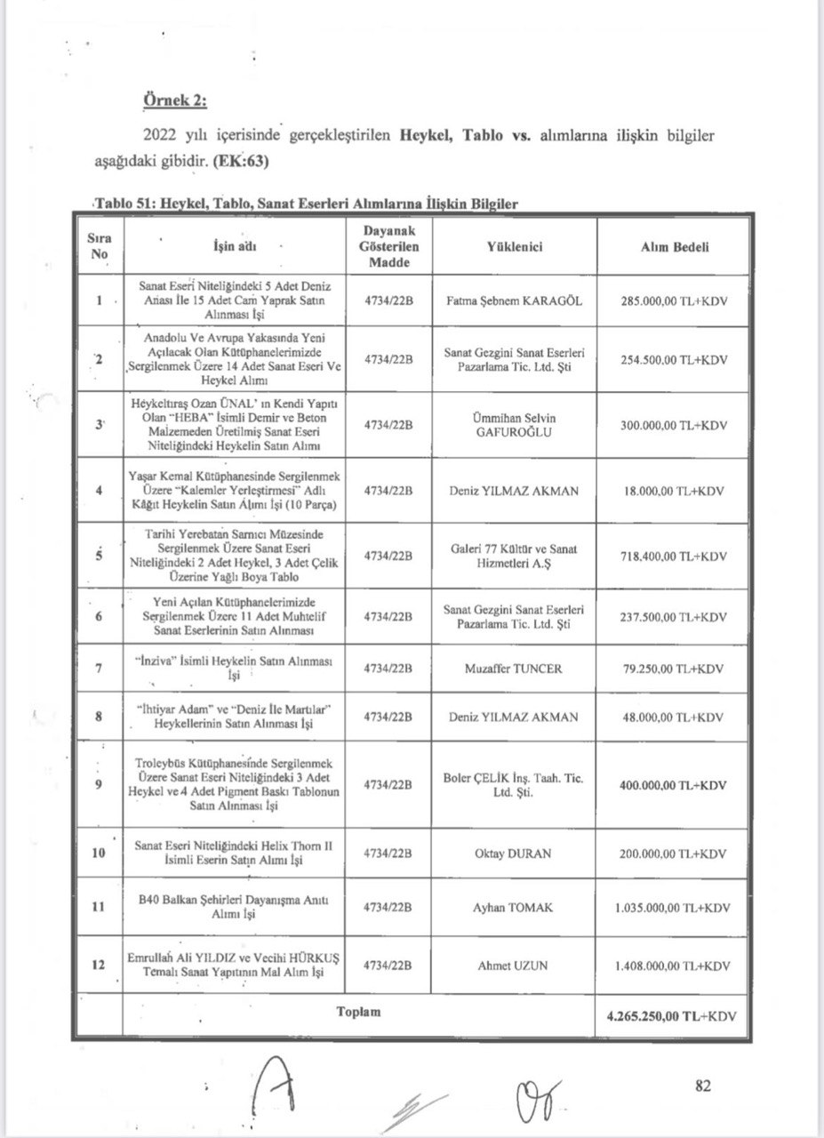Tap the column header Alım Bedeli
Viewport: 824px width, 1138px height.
point(675,247)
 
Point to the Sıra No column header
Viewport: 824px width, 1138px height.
point(100,247)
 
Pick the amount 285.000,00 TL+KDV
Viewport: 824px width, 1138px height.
point(674,301)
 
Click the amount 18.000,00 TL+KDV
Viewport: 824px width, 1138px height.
point(674,491)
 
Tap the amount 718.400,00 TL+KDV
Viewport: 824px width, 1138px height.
point(674,557)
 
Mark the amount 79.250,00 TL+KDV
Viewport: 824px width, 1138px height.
point(674,669)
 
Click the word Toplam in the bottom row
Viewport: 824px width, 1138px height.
point(358,1013)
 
